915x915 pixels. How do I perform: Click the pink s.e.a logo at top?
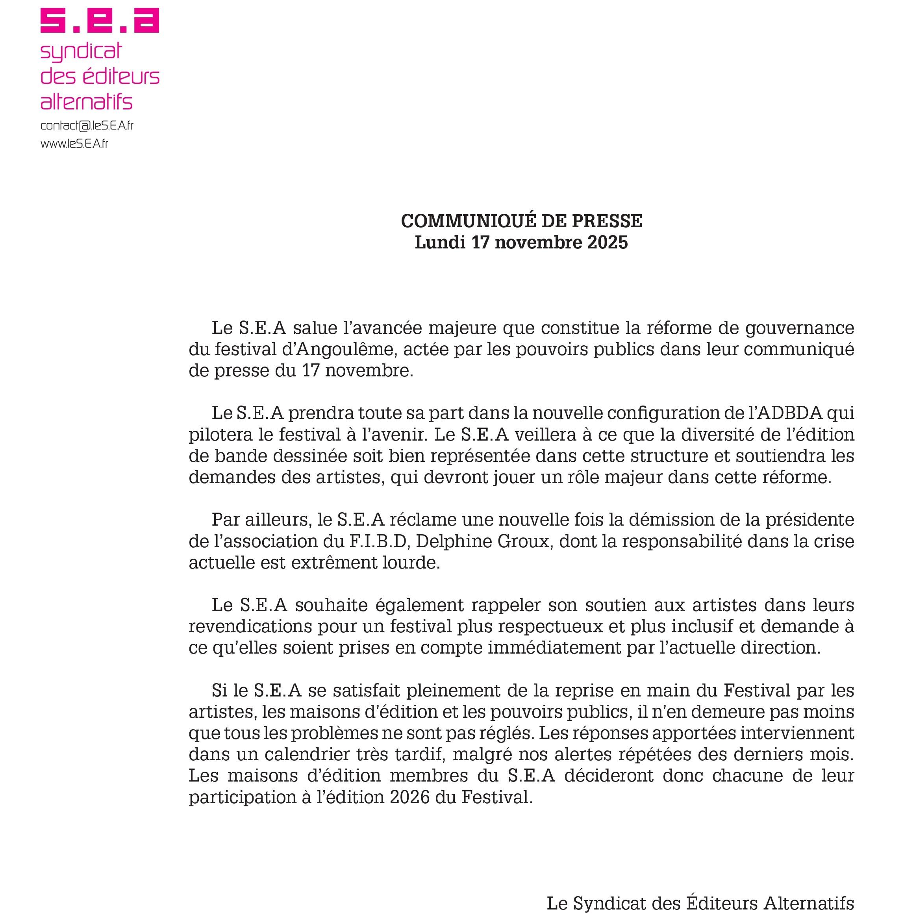100,21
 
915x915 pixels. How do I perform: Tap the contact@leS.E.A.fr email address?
87,126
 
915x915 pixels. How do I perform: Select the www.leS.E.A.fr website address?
74,143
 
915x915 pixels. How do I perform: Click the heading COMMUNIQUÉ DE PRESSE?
521,221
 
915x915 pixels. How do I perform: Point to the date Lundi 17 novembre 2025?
521,243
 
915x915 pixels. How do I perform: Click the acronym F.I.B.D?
378,541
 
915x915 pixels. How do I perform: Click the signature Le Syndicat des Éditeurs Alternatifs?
700,903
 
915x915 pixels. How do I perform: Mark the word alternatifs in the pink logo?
87,101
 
